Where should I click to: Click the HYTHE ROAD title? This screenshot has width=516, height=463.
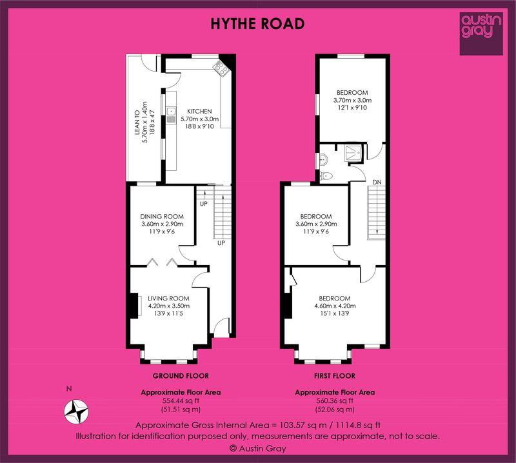(257, 24)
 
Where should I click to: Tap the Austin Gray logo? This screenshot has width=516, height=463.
(481, 34)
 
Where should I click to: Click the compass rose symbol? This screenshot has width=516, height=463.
(76, 411)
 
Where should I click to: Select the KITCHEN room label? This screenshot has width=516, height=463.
(199, 111)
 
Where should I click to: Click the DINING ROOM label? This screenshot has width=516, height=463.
(162, 217)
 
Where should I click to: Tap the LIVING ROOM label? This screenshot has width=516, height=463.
(168, 299)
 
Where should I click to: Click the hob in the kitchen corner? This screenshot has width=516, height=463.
(221, 68)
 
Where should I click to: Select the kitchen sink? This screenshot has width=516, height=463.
(171, 115)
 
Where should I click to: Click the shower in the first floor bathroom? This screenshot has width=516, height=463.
(353, 153)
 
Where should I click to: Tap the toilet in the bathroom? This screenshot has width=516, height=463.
(326, 176)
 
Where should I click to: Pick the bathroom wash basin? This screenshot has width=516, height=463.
(324, 159)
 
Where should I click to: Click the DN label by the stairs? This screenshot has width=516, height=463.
(377, 182)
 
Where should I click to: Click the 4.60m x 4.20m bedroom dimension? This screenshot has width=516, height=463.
(335, 306)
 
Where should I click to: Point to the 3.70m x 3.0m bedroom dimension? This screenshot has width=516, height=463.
(352, 100)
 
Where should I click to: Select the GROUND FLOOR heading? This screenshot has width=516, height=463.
(181, 376)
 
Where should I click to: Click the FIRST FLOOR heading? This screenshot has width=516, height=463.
(335, 376)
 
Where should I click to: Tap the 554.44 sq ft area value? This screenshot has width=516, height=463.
(181, 401)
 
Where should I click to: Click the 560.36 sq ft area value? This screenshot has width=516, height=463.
(335, 401)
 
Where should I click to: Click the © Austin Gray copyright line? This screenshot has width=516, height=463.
(258, 448)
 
